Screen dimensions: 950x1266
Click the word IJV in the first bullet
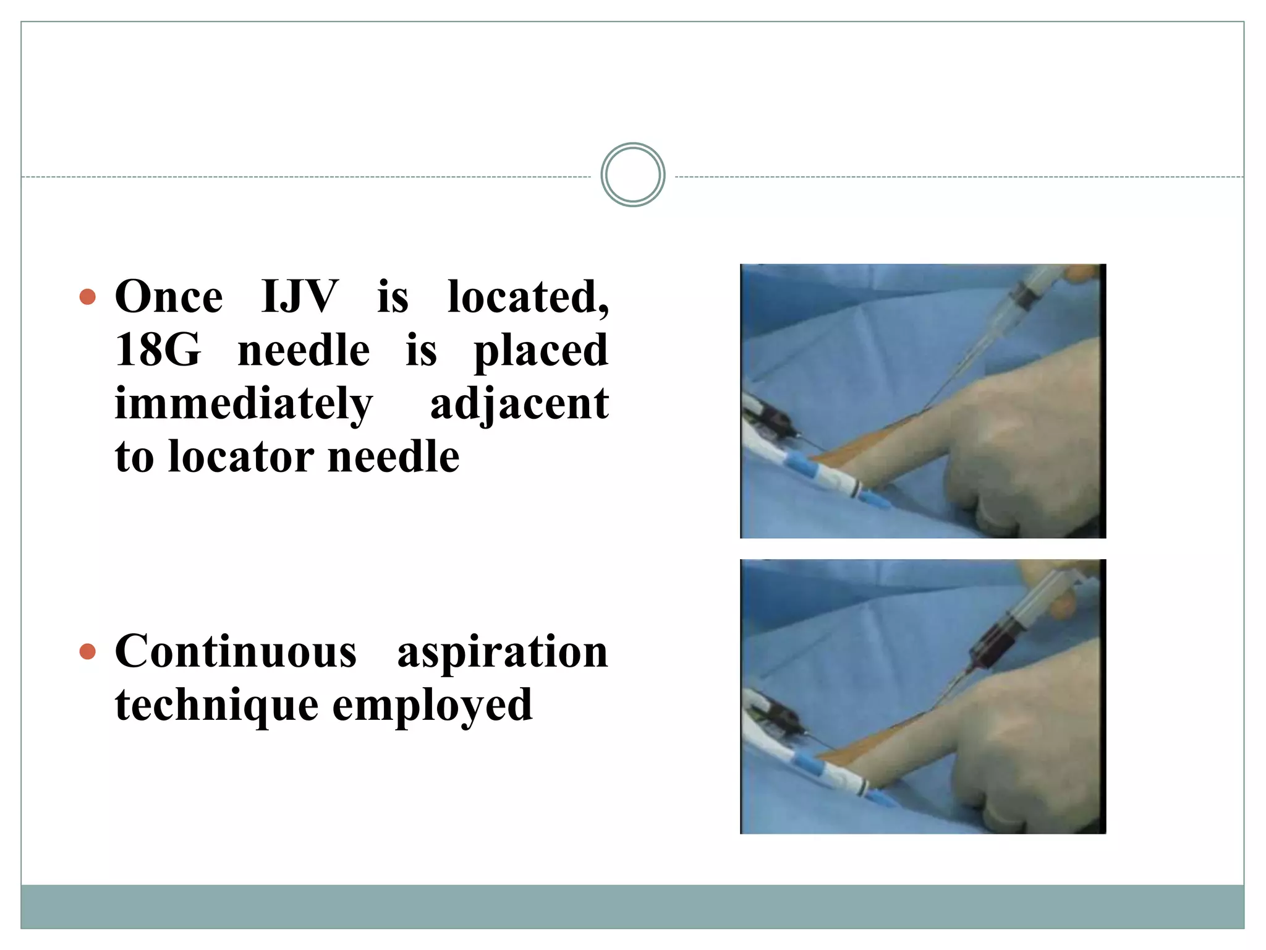(299, 297)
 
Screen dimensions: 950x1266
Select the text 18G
(158, 351)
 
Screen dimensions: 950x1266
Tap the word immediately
(244, 404)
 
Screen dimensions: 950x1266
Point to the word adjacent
(519, 404)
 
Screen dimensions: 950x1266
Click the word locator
(241, 458)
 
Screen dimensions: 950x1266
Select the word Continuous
(236, 652)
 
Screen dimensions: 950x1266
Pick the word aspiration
(502, 653)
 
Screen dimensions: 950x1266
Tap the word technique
(216, 706)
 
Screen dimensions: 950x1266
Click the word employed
(432, 706)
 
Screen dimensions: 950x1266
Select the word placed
(541, 351)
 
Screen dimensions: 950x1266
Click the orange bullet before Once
(88, 297)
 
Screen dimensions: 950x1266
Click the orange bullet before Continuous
(88, 652)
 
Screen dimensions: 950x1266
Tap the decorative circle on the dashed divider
(632, 175)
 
